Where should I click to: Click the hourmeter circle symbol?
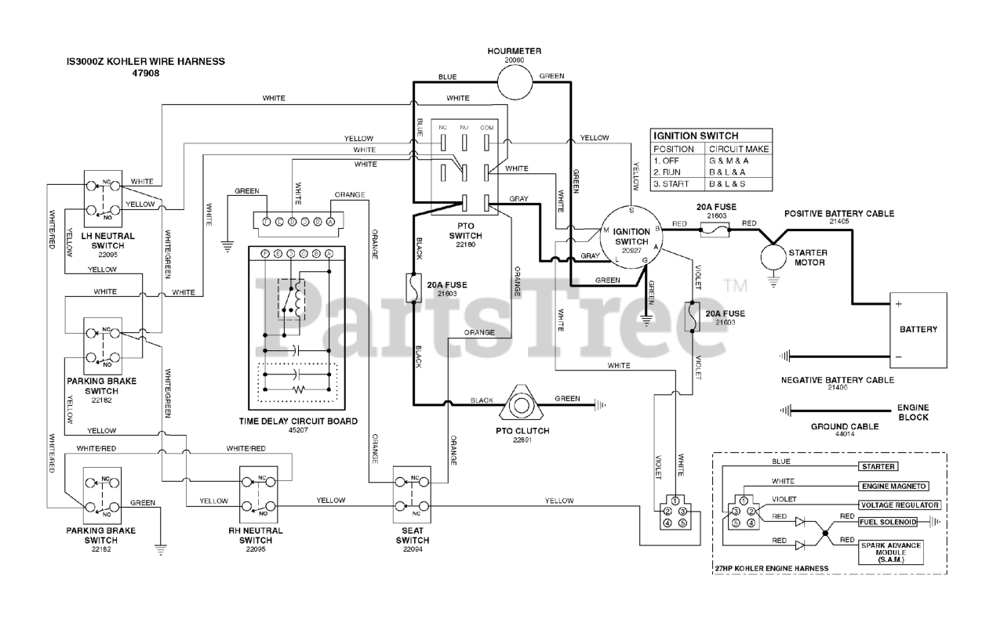pyautogui.click(x=515, y=78)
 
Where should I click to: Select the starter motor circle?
pyautogui.click(x=774, y=256)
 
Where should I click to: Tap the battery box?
pyautogui.click(x=917, y=329)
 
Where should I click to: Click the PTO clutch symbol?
pyautogui.click(x=519, y=405)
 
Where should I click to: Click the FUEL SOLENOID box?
pyautogui.click(x=888, y=522)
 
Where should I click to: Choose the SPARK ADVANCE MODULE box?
pyautogui.click(x=891, y=552)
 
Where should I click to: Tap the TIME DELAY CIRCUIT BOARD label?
pyautogui.click(x=298, y=421)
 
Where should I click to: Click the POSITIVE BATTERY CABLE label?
pyautogui.click(x=839, y=213)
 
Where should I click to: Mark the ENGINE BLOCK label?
pyautogui.click(x=913, y=413)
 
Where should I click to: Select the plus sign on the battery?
pyautogui.click(x=899, y=303)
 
